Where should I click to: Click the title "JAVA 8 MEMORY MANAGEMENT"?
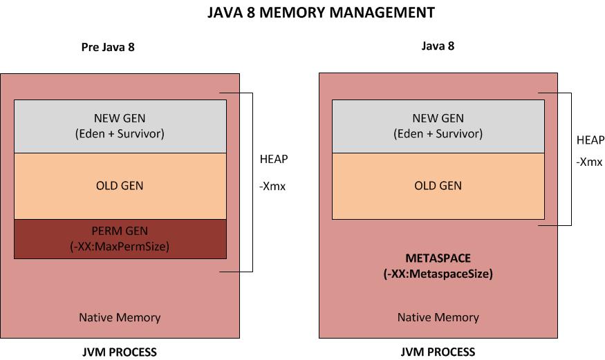point(322,12)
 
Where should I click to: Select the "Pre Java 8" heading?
point(112,48)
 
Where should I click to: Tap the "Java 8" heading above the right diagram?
point(438,46)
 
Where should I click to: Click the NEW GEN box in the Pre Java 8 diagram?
point(120,126)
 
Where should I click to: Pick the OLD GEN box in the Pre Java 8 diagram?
point(120,186)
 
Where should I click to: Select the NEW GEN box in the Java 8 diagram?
point(438,126)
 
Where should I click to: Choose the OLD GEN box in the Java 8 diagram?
point(438,186)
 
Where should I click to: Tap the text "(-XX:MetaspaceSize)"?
point(438,273)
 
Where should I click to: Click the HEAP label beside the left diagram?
point(273,159)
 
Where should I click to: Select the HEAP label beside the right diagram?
point(590,140)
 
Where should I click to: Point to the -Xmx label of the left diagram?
point(272,187)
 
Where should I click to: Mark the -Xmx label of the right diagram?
point(589,163)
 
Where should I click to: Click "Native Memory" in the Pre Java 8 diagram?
point(120,318)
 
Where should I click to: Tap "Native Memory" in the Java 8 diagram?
point(438,318)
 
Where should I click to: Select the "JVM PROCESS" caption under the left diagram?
point(120,352)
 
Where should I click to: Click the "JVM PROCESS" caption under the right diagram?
point(438,352)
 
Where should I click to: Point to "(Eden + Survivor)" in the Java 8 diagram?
point(438,134)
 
